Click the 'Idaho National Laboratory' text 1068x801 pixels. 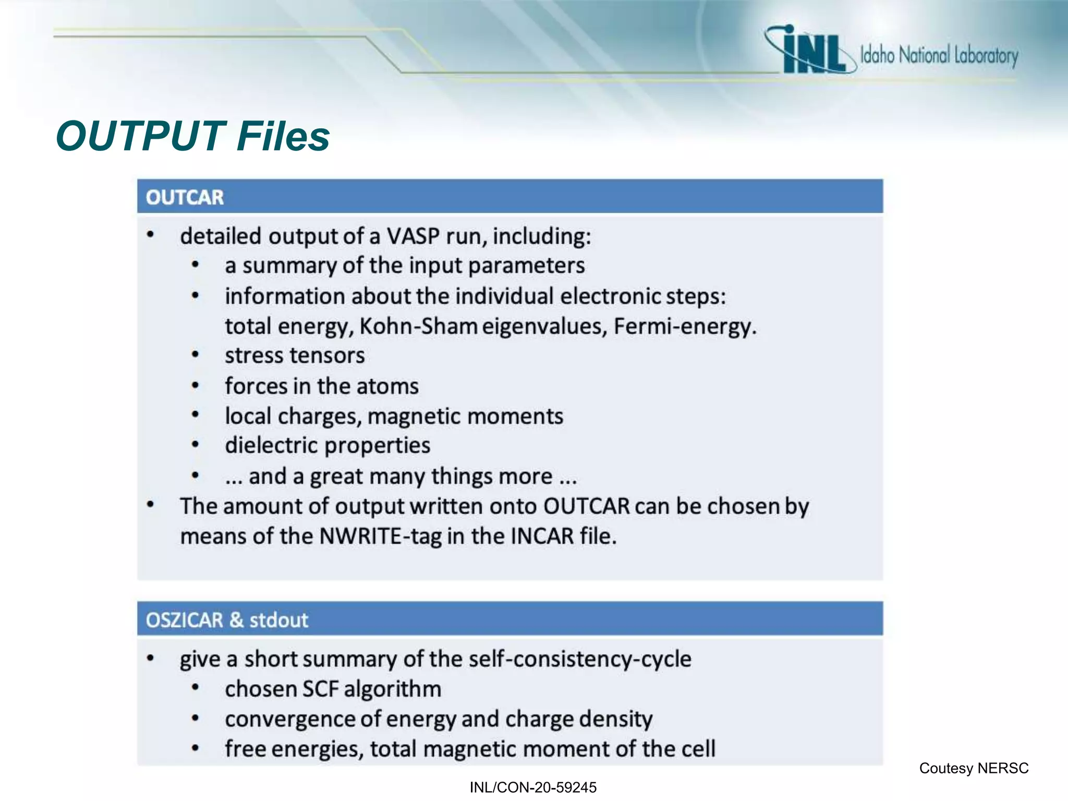coord(939,55)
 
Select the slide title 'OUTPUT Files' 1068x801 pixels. coord(192,136)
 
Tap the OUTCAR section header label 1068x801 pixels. coord(185,198)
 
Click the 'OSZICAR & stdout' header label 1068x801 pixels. coord(227,620)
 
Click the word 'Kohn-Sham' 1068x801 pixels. coord(418,326)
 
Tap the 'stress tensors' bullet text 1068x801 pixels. coord(295,356)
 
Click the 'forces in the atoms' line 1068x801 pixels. coord(322,386)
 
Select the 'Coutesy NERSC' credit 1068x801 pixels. coord(974,768)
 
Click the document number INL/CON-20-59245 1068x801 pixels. coord(533,787)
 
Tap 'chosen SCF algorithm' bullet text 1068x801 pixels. coord(333,689)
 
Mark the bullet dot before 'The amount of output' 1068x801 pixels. coord(150,505)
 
